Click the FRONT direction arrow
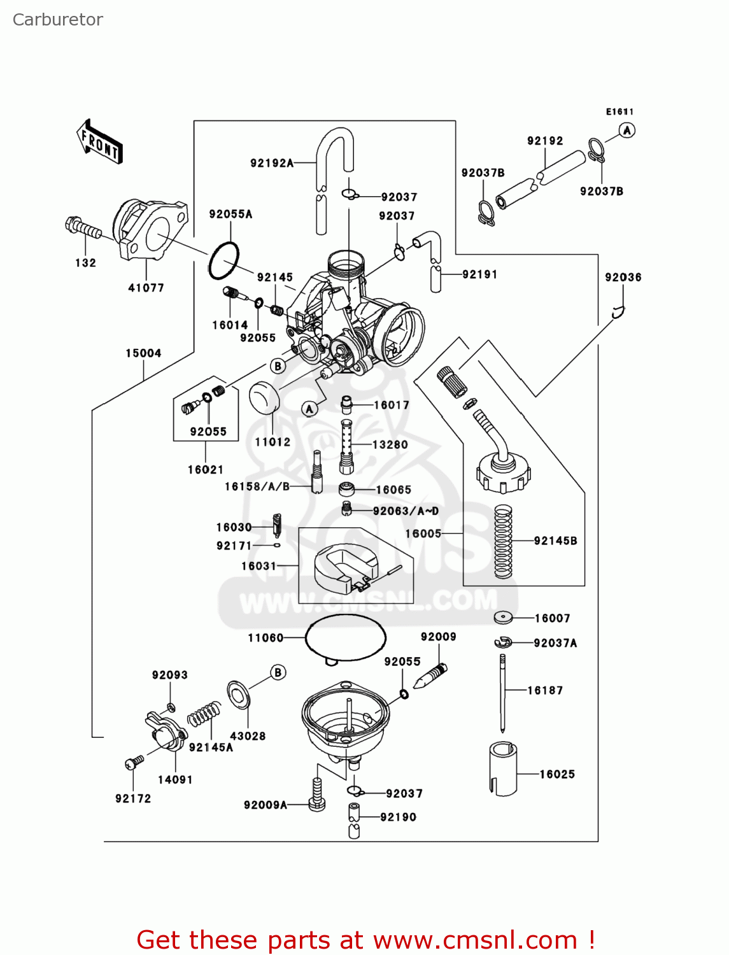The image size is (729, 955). pos(99,141)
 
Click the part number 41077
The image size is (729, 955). pos(146,288)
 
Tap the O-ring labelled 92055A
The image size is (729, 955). pos(223,260)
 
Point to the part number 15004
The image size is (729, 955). pos(143,353)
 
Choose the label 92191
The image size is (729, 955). pos(479,274)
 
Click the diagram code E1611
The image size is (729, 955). pos(619,112)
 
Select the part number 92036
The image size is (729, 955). pos(623,278)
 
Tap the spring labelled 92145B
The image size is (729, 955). pos(503,541)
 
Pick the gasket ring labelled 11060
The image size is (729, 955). pos(346,638)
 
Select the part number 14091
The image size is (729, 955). pos(175,780)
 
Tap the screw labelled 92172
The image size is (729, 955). pos(134,761)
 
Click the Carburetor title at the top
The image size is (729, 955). pos(57,20)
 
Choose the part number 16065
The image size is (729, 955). pos(393,490)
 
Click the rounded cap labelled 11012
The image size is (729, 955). pos(264,398)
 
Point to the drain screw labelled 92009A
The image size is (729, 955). pos(316,796)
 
